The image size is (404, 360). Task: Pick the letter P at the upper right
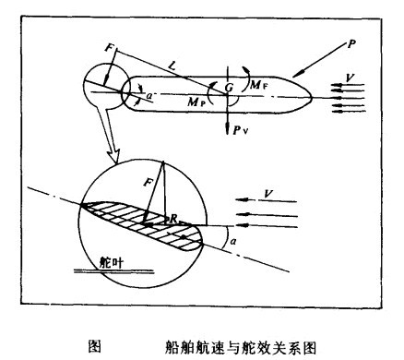tap(352, 42)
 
